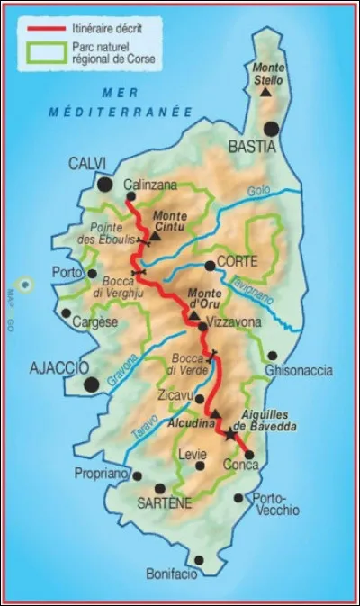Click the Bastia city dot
(x=271, y=129)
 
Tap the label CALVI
(x=86, y=163)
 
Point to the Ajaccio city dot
(x=91, y=384)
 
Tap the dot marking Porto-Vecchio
(x=238, y=497)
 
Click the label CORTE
(x=237, y=262)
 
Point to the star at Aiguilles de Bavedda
(x=230, y=435)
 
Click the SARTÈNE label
(x=165, y=503)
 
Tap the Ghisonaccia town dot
(x=272, y=356)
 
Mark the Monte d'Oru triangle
(x=193, y=316)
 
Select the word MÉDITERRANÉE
(x=121, y=112)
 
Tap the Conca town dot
(x=248, y=454)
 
